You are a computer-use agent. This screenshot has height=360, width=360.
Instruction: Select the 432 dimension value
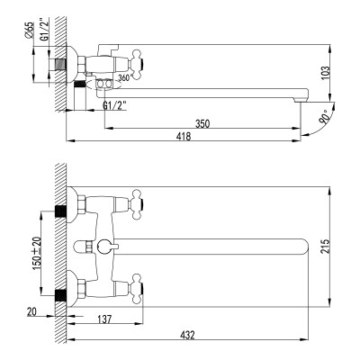pyautogui.click(x=187, y=335)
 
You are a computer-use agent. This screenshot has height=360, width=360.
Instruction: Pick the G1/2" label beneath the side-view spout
pyautogui.click(x=114, y=106)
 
